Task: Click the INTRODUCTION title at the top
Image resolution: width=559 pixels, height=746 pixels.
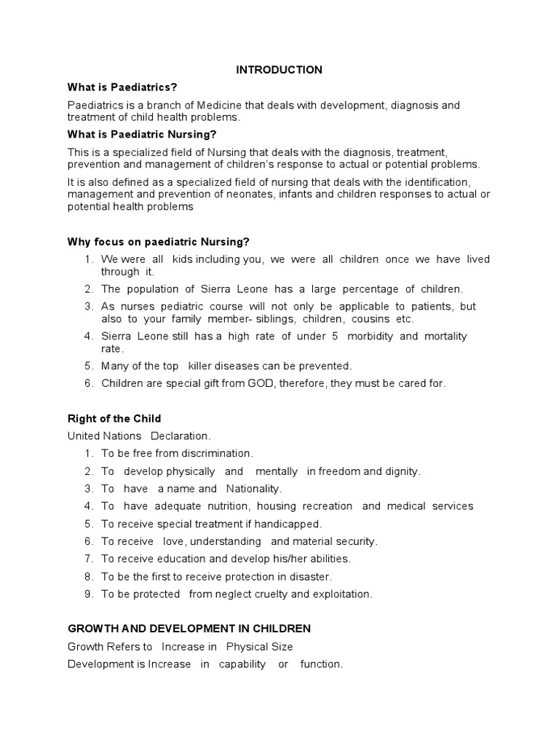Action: tap(279, 70)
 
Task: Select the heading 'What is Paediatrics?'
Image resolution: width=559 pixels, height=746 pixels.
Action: tap(122, 87)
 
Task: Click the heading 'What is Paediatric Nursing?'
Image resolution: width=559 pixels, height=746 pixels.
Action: tap(142, 134)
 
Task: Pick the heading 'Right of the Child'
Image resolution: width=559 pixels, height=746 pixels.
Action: tap(114, 419)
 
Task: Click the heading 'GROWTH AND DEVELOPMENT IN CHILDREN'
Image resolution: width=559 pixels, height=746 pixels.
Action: tap(189, 629)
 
